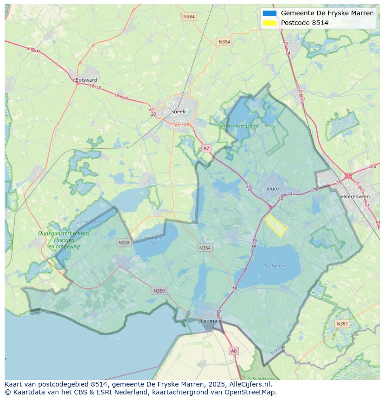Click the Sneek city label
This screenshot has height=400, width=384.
point(178,111)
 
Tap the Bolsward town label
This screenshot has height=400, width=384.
point(86,80)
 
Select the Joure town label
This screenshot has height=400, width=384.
point(273,189)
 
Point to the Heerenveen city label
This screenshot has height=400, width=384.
point(355,197)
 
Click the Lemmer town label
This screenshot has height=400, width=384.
point(210,321)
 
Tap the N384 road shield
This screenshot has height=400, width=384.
point(189,17)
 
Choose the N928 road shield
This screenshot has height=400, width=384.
point(124,243)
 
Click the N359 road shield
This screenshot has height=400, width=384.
point(159,291)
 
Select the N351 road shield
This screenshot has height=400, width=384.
point(342,324)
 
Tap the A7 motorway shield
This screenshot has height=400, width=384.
point(206,148)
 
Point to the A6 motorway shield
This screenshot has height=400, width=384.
point(233,351)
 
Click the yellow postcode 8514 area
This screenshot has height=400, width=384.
point(275,225)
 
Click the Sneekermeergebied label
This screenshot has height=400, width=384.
point(238,125)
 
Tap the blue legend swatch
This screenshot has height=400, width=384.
point(269,13)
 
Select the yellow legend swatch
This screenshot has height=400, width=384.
point(269,23)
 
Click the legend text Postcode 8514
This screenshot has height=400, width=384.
point(304,23)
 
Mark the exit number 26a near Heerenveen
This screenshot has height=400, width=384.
point(372,166)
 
